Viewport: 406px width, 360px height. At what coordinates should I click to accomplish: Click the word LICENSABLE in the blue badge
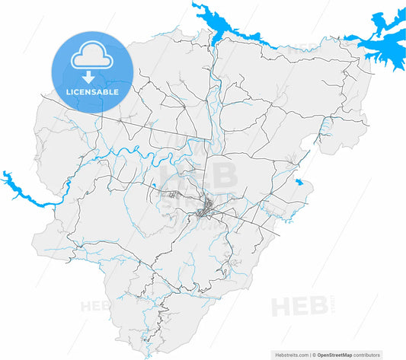91,92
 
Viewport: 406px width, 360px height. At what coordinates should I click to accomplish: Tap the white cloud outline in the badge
91,59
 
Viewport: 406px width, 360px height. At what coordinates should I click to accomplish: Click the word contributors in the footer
383,355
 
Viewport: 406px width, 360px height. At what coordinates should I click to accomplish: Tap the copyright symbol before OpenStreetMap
314,355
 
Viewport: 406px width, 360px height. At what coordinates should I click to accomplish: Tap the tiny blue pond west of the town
155,184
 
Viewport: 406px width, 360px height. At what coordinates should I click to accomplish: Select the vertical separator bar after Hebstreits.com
309,355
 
